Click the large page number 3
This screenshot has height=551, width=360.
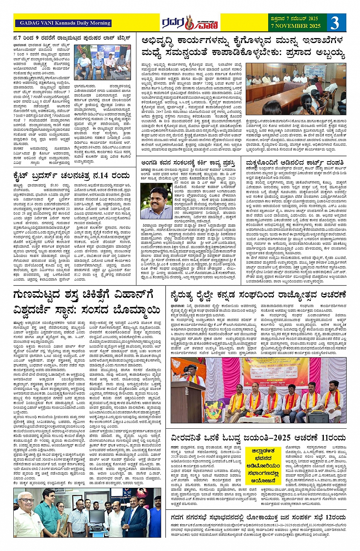point(334,23)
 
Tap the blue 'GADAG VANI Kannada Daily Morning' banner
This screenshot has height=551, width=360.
point(64,23)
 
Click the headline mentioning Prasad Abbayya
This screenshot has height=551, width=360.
point(243,46)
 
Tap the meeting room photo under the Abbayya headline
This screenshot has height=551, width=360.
point(296,89)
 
